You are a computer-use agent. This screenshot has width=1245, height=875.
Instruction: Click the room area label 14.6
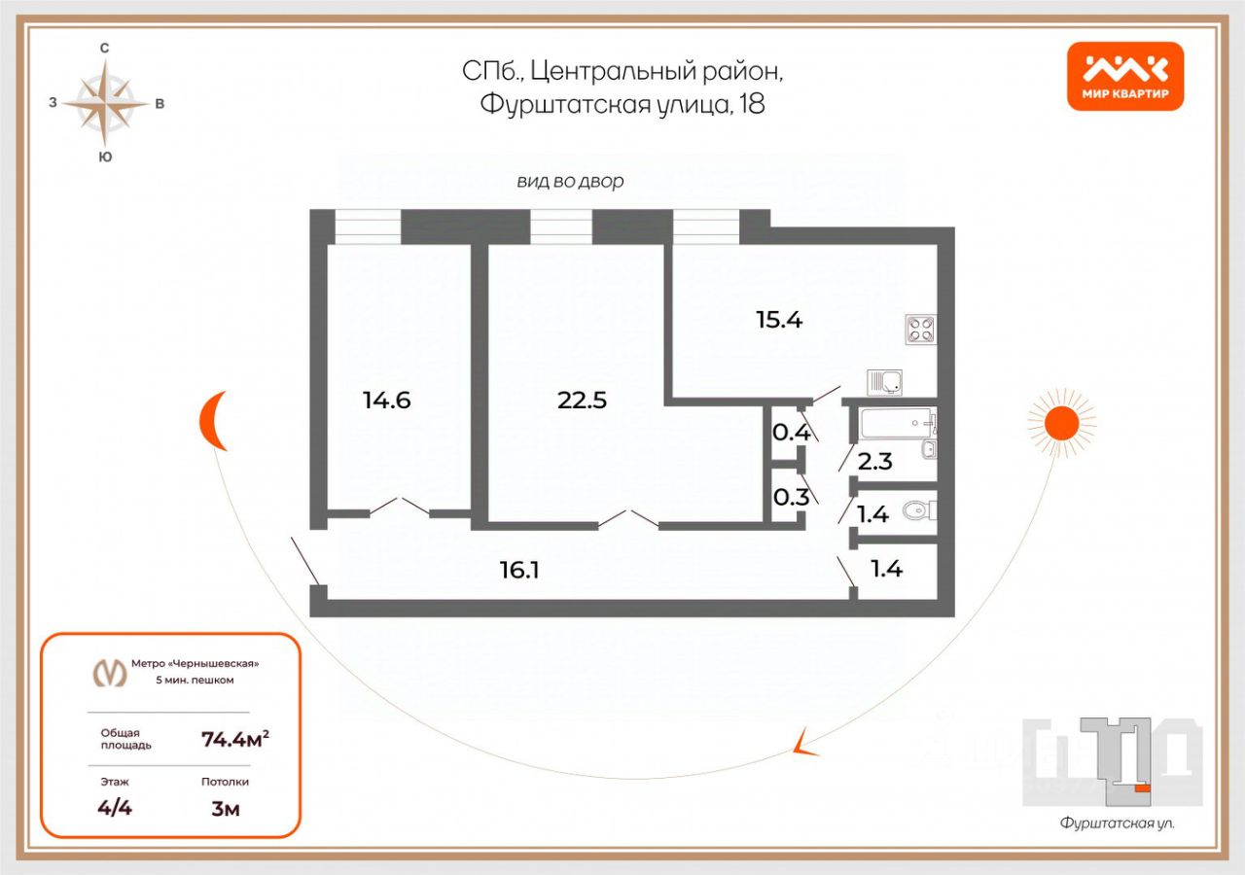pos(387,400)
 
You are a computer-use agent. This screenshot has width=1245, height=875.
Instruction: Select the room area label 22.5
pos(582,400)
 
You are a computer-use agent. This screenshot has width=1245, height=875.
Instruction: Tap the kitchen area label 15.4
pos(779,319)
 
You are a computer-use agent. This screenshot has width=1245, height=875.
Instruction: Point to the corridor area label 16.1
pos(519,571)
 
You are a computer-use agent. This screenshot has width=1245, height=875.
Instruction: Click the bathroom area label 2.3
pos(875,462)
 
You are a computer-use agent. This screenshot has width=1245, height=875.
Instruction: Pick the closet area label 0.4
pos(791,431)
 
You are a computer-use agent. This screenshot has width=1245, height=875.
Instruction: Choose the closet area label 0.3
pos(791,498)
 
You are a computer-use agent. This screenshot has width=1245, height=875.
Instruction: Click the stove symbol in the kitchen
pos(920,329)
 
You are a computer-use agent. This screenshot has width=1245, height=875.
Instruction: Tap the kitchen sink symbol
pos(886,382)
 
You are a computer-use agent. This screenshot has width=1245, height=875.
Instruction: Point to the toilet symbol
pos(918,510)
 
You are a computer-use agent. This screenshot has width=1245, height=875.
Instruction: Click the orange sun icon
pos(1061,422)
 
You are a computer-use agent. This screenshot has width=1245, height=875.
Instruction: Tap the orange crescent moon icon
pos(213,421)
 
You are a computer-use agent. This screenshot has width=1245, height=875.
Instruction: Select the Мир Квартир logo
pos(1125,76)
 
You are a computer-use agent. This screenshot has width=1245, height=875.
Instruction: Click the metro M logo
pos(109,672)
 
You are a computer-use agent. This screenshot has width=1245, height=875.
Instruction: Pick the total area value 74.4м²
pos(234,739)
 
